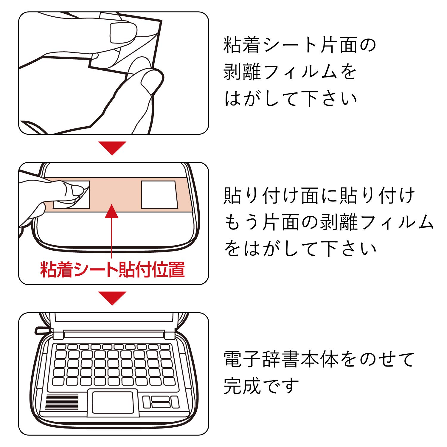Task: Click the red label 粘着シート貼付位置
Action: (x=112, y=270)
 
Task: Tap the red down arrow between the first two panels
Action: (x=112, y=147)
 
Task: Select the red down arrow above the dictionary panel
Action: (x=112, y=297)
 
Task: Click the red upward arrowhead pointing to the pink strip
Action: (x=111, y=212)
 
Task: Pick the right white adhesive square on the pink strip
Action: (x=159, y=195)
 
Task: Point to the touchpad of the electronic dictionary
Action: (x=113, y=402)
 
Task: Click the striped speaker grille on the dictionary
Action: (x=62, y=402)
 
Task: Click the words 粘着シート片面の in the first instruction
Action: (x=300, y=45)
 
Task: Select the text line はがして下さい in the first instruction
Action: (x=291, y=99)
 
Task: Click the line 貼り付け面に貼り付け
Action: (x=319, y=196)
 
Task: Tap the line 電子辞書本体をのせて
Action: (x=319, y=359)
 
